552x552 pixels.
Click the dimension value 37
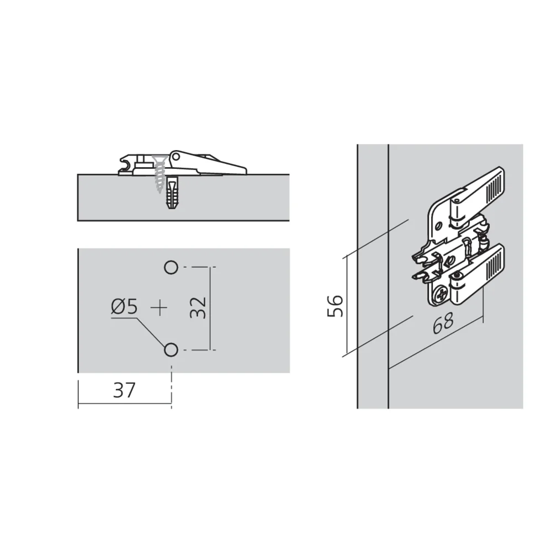coord(124,391)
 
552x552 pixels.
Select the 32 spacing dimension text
coord(198,307)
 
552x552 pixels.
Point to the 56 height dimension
coord(335,305)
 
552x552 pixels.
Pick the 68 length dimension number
coord(443,323)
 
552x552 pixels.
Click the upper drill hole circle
coord(171,268)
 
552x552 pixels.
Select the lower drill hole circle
coord(171,349)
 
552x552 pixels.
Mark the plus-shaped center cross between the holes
coord(159,307)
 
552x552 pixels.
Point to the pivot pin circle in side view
coord(177,157)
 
